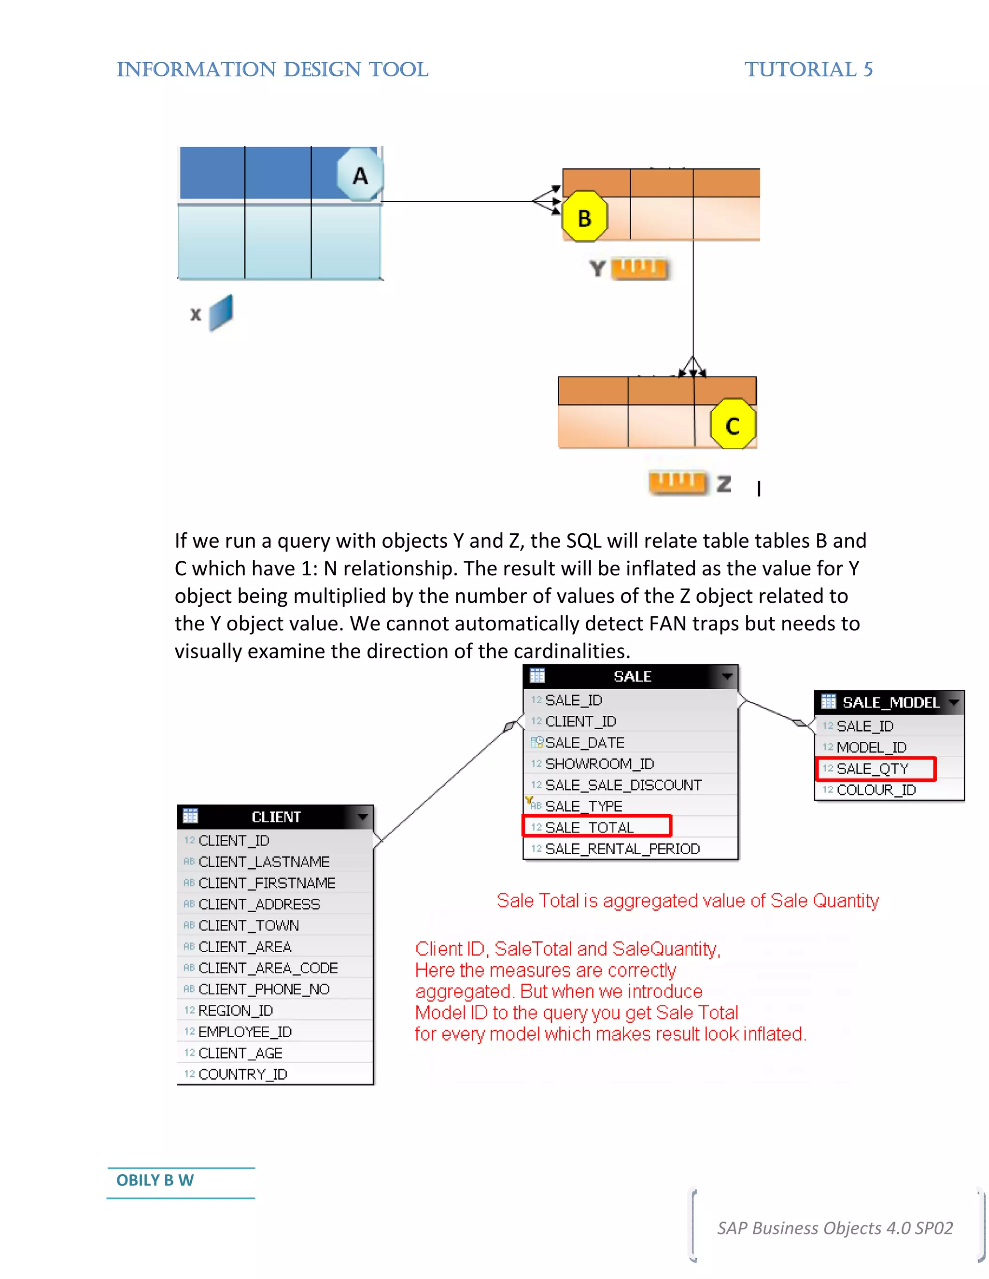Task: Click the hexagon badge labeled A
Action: coord(360,175)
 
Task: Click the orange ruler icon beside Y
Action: coord(639,268)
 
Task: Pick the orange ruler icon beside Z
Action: coord(677,482)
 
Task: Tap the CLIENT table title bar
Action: coord(275,816)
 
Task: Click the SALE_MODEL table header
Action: coord(889,702)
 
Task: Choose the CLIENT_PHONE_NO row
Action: coord(264,989)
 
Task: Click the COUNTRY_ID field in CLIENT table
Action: coord(242,1074)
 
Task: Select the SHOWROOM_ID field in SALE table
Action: coord(599,764)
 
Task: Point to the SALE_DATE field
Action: coord(584,743)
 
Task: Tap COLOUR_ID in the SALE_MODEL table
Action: coord(876,790)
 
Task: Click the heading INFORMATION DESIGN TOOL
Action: coord(272,69)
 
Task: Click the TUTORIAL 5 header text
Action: coord(808,69)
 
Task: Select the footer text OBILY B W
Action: coord(155,1180)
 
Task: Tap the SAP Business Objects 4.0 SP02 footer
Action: coord(834,1227)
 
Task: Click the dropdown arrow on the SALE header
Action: coord(726,676)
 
